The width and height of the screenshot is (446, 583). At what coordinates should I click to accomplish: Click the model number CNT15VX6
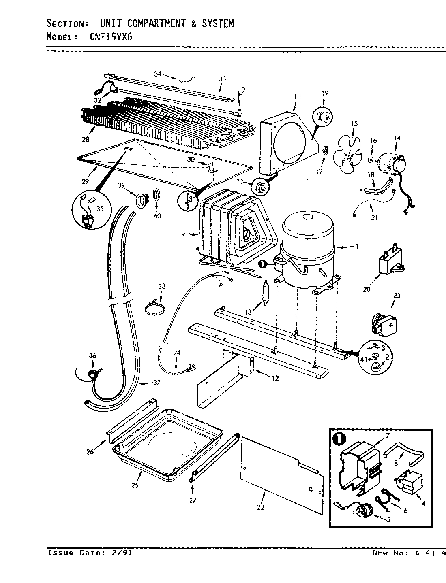pos(111,37)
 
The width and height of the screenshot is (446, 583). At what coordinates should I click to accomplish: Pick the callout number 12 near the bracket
pos(275,378)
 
